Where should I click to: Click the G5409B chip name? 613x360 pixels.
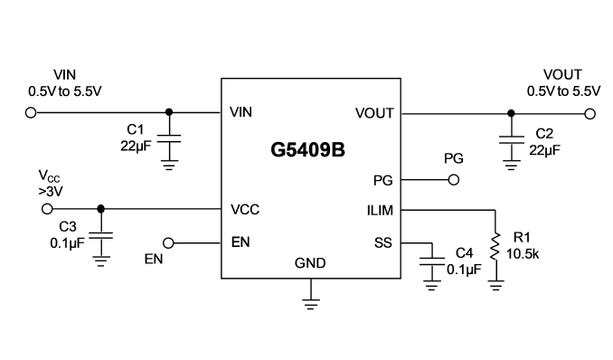pyautogui.click(x=307, y=150)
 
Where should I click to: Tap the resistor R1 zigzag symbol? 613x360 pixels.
pyautogui.click(x=495, y=247)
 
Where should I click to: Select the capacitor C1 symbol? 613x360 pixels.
pyautogui.click(x=169, y=139)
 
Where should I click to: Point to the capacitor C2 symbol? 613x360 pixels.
pyautogui.click(x=511, y=140)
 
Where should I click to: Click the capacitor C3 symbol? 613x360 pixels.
pyautogui.click(x=101, y=235)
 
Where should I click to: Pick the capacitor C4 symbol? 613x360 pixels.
pyautogui.click(x=432, y=261)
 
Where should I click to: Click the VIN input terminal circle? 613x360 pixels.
pyautogui.click(x=31, y=113)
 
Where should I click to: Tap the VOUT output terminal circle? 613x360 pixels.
pyautogui.click(x=589, y=114)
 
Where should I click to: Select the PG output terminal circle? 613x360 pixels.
pyautogui.click(x=454, y=180)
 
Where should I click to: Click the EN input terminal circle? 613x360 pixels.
pyautogui.click(x=168, y=243)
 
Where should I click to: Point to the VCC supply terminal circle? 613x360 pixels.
pyautogui.click(x=47, y=209)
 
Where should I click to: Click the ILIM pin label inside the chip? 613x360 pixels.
pyautogui.click(x=380, y=211)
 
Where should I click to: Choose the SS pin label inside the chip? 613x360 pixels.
pyautogui.click(x=382, y=243)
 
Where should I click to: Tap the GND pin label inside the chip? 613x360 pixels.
pyautogui.click(x=310, y=263)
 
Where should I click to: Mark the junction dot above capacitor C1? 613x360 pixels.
pyautogui.click(x=169, y=112)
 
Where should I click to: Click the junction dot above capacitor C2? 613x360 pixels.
pyautogui.click(x=511, y=113)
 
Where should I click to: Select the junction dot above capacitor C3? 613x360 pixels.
pyautogui.click(x=101, y=209)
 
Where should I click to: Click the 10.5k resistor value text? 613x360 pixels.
pyautogui.click(x=523, y=254)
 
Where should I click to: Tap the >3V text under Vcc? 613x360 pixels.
pyautogui.click(x=51, y=192)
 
